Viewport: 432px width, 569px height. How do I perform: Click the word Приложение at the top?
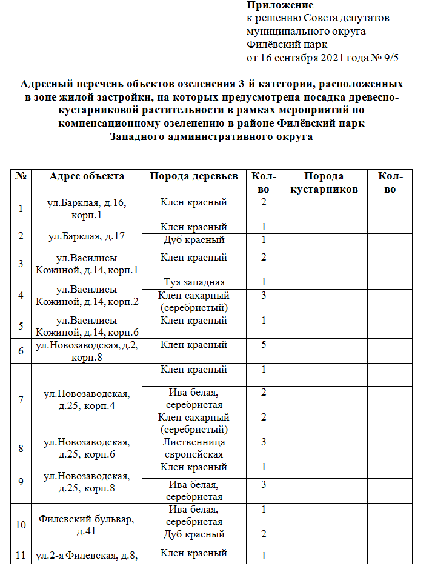271,5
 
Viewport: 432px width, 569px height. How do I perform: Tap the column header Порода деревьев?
194,176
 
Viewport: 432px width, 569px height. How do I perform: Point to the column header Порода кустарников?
324,182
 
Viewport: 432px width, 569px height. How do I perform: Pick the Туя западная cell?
194,282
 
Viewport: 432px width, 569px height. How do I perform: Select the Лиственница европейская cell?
194,448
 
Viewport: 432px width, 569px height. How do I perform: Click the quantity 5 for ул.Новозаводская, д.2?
264,345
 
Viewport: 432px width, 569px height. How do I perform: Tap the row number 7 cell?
21,399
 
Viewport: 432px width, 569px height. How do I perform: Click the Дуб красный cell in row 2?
194,240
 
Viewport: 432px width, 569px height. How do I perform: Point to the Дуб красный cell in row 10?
194,534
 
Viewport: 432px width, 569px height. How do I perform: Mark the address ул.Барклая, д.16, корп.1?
87,208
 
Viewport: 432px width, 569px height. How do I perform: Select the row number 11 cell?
21,554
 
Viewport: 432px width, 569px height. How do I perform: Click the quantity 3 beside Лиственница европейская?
264,443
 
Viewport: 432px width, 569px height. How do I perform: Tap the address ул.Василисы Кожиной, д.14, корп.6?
87,326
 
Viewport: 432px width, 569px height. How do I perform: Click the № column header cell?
21,176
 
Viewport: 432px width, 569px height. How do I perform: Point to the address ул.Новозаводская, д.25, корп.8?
87,482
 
